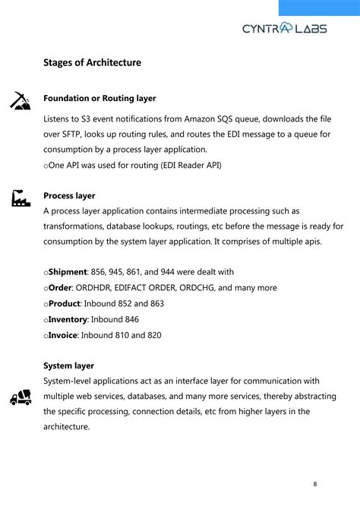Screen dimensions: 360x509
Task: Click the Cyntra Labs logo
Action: [285, 28]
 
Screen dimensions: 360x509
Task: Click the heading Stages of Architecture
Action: [92, 62]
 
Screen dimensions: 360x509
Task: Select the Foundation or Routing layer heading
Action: [99, 98]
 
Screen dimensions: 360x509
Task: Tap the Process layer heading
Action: [69, 195]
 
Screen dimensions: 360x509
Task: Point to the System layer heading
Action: [68, 365]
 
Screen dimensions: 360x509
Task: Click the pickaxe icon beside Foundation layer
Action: [20, 101]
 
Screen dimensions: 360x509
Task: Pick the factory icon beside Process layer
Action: [21, 198]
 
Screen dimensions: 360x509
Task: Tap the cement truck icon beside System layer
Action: [21, 396]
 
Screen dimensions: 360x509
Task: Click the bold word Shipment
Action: [67, 272]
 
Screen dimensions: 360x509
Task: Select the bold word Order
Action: [60, 288]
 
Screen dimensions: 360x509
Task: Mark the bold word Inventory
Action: [68, 319]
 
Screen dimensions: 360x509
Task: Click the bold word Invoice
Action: [63, 334]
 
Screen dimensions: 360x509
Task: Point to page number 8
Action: [315, 484]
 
